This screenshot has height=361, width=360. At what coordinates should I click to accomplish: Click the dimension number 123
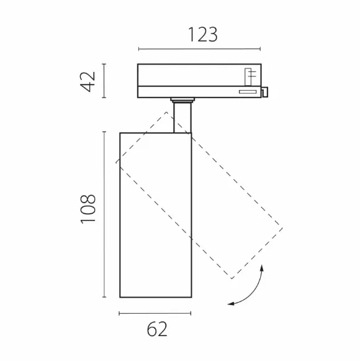point(203,35)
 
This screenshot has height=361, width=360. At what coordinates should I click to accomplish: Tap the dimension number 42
point(88,82)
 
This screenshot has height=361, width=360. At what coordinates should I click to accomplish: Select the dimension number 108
point(88,209)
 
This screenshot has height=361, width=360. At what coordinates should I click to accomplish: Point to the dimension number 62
point(157,329)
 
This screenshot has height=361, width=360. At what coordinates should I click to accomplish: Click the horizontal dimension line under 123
point(199,49)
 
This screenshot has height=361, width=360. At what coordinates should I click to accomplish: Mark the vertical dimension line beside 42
point(104,81)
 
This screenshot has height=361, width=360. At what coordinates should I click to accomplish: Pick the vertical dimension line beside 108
point(104,214)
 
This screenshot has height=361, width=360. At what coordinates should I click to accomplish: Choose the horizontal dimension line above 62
point(155,313)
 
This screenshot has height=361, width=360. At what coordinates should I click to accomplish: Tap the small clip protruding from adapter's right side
point(265,92)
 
